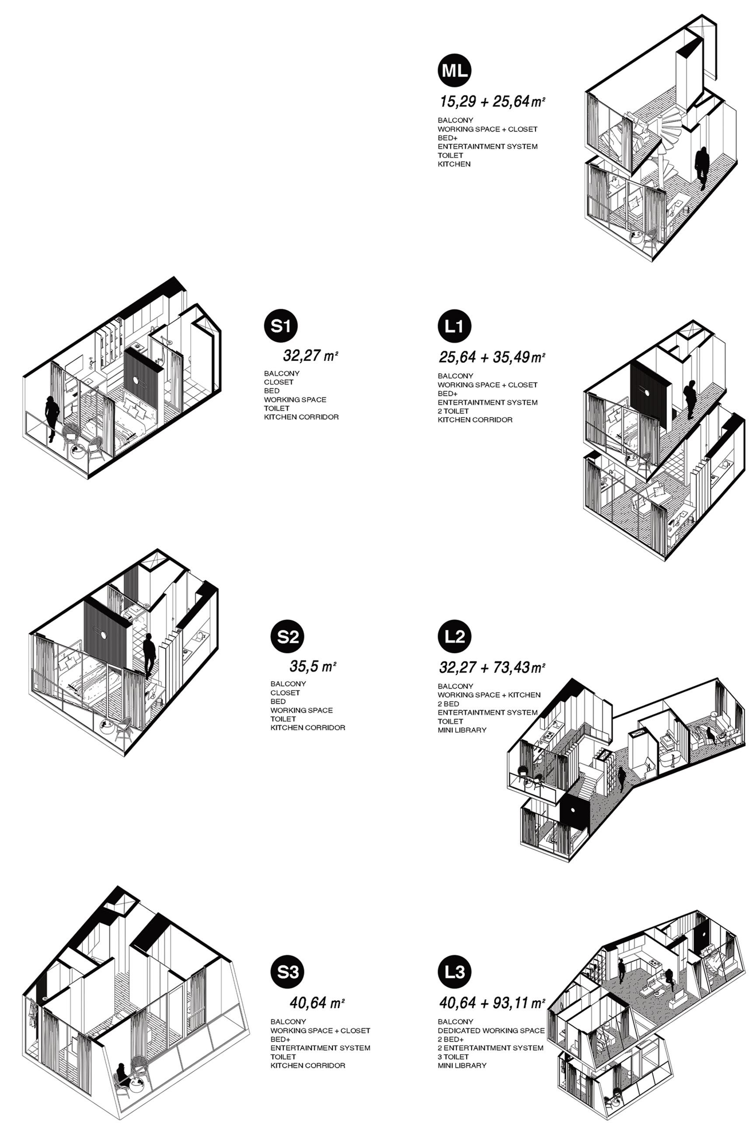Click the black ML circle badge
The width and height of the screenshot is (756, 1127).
click(454, 71)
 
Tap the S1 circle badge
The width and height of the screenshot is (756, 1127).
click(281, 326)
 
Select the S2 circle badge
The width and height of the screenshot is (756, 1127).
click(287, 637)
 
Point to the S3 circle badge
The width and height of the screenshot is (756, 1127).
click(287, 972)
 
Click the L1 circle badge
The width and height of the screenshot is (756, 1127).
click(454, 326)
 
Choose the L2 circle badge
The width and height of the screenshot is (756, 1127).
click(454, 637)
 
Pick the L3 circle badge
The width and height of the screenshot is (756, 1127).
click(454, 972)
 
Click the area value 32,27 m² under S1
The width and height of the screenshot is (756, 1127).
click(310, 356)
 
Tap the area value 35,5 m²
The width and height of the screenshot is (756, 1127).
click(313, 666)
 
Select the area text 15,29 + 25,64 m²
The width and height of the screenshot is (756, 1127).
click(492, 102)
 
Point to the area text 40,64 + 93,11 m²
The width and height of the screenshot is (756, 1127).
click(492, 1003)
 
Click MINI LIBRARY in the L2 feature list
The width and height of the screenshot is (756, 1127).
click(462, 730)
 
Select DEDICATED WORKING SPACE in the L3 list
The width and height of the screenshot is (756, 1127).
click(491, 1030)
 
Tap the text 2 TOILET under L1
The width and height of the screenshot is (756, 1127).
click(453, 411)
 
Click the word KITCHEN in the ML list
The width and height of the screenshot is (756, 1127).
click(454, 164)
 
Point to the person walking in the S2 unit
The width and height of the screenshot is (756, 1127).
click(149, 655)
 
